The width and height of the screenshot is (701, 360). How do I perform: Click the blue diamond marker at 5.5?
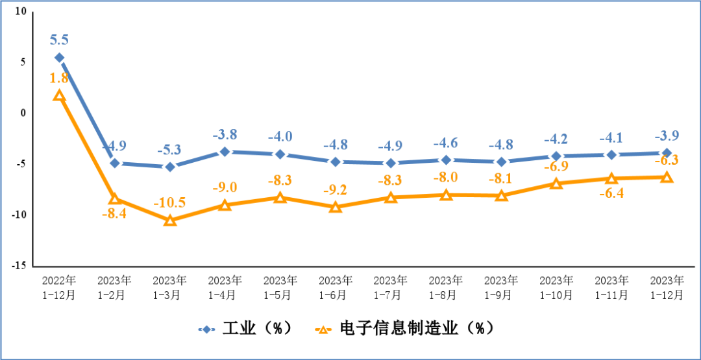[59, 58]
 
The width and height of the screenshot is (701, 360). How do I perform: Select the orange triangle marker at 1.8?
[59, 95]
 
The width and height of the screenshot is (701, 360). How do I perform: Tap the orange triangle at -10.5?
[170, 221]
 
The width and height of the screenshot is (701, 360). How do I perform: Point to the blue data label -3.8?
[225, 135]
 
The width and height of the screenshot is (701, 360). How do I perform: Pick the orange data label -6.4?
[611, 193]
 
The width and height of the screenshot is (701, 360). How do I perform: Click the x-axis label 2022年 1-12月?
[59, 287]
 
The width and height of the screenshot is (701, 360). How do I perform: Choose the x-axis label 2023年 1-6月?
[336, 287]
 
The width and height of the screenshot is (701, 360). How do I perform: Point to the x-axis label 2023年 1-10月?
[556, 287]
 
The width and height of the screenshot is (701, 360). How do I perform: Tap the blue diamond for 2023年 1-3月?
[170, 167]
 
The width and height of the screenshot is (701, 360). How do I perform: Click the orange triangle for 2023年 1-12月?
[667, 177]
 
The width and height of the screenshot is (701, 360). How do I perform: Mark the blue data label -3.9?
[667, 136]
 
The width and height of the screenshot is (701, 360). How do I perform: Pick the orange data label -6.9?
[556, 167]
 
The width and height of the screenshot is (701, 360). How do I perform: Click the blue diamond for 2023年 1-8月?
[446, 160]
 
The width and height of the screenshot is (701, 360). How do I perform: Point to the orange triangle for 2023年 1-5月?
[280, 197]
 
